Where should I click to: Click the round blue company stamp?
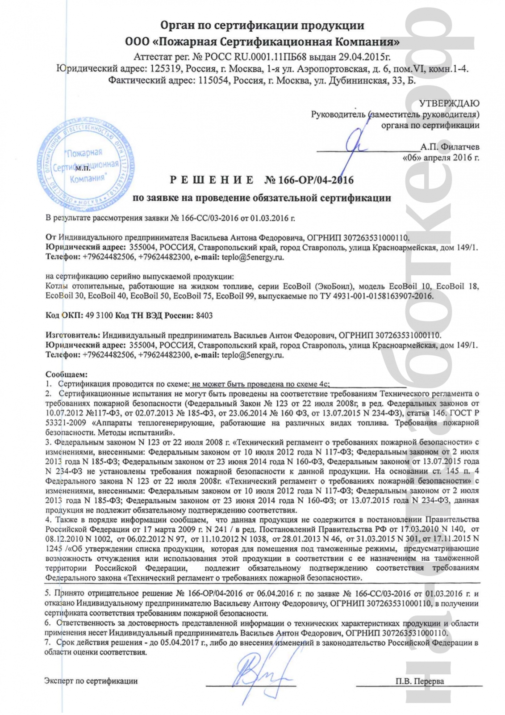[x=83, y=165]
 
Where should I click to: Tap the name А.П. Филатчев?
[x=450, y=147]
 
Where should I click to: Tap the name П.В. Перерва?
[x=419, y=681]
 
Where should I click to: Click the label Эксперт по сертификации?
[x=91, y=681]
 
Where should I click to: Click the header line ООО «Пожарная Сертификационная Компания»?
[x=262, y=42]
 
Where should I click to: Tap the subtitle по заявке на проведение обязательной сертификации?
[x=262, y=198]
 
